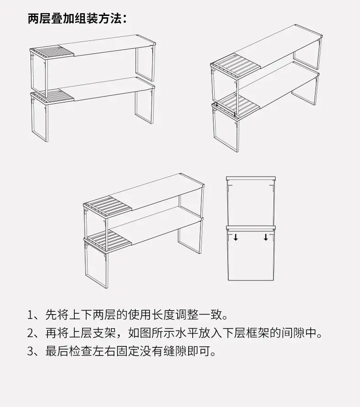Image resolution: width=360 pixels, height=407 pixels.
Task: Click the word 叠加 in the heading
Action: coord(63,19)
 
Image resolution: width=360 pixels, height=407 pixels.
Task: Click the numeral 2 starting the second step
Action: coord(31,333)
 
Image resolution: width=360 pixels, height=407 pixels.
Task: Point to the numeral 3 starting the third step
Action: coord(31,351)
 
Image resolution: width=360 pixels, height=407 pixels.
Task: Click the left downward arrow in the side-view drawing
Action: coord(236,237)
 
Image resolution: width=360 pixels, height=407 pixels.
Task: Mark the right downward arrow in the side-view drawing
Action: coord(266,237)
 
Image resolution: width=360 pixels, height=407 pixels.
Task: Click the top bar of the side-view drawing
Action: coord(251,178)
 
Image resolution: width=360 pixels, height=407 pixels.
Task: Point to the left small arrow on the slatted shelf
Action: coord(217,104)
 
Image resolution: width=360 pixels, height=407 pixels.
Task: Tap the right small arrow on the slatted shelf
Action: coord(235,114)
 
